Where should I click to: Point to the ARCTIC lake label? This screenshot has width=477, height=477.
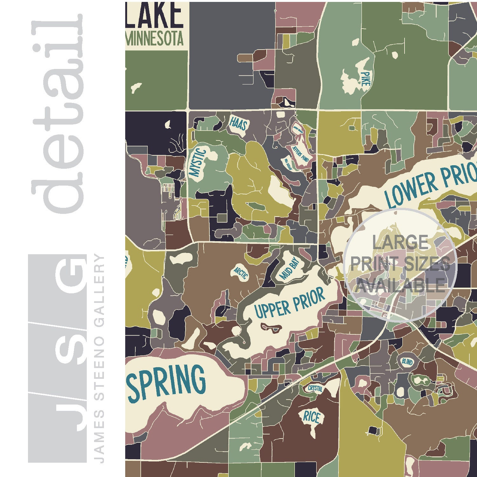pyautogui.click(x=240, y=272)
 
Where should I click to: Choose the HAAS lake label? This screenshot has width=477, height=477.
pyautogui.click(x=238, y=123)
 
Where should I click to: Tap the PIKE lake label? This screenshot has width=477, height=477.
pyautogui.click(x=365, y=78)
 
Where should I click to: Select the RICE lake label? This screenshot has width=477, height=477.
pyautogui.click(x=311, y=417)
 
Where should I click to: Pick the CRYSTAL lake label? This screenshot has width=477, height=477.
pyautogui.click(x=315, y=388)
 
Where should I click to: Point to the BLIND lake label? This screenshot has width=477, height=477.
pyautogui.click(x=407, y=362)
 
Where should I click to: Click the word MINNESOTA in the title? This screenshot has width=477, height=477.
pyautogui.click(x=155, y=39)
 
